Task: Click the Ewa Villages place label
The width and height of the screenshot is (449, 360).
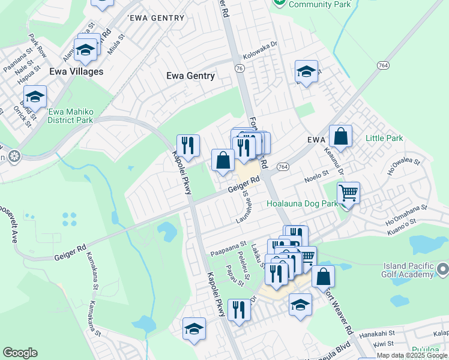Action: pos(76,71)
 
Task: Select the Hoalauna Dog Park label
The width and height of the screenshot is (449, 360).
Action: pos(303,204)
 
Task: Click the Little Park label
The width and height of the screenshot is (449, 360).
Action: pos(385,139)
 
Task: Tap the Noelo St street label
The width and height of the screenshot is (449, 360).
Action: pos(317,175)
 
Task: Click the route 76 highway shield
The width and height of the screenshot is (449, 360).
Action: pos(240,69)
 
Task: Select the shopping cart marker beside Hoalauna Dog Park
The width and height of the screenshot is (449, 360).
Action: pos(348,194)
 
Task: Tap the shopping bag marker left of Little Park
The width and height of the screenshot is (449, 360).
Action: pos(340,136)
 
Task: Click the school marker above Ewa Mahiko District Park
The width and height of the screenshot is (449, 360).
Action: pos(35,97)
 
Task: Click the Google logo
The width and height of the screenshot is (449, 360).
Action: pos(20,353)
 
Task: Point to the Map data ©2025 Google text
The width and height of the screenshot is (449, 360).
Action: pos(412,356)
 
